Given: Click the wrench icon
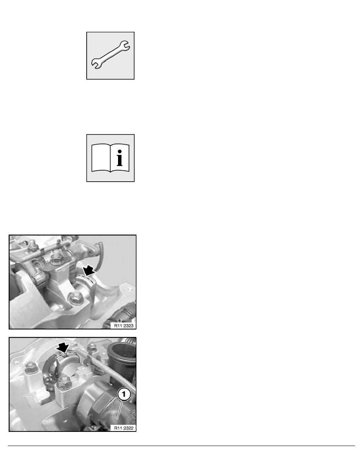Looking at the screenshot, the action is click(110, 55).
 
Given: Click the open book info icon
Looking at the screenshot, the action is click(110, 158).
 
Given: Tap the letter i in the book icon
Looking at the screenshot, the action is click(119, 158).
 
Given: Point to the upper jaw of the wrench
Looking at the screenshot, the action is click(124, 46).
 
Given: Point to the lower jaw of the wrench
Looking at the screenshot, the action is click(96, 63).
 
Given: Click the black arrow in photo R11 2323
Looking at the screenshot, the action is click(89, 270).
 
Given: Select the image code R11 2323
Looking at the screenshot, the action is click(124, 326).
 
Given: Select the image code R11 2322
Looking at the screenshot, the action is click(124, 428).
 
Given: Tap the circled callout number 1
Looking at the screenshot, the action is click(124, 394).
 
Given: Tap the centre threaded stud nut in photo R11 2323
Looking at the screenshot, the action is click(56, 257).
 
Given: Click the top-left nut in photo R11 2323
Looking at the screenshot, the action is click(32, 245).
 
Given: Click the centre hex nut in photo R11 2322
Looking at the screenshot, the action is click(63, 382).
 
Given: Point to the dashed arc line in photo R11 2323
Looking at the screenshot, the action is click(87, 278).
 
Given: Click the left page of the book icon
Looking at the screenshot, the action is click(101, 158).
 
